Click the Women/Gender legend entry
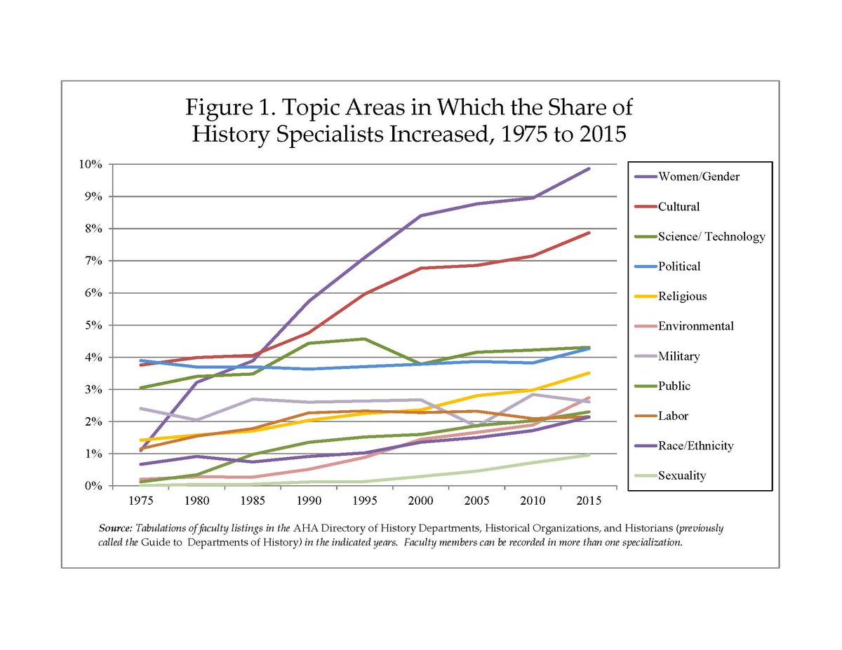click(x=698, y=176)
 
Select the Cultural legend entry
click(x=679, y=206)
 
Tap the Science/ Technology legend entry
click(x=711, y=236)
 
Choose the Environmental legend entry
click(x=696, y=326)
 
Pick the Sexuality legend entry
click(x=682, y=475)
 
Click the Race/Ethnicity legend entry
click(x=696, y=445)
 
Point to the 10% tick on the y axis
click(x=91, y=164)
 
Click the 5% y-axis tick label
click(x=93, y=325)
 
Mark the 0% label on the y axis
click(x=93, y=486)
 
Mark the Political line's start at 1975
click(x=141, y=360)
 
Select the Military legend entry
click(x=679, y=356)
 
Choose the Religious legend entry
click(x=682, y=296)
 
